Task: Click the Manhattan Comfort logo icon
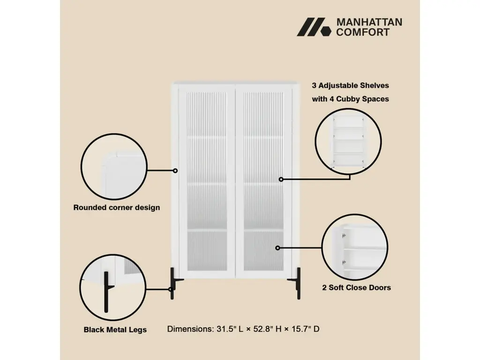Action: [x=314, y=27]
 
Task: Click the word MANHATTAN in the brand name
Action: [x=369, y=22]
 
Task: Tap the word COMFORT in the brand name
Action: [x=363, y=32]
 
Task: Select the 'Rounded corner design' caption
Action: [x=117, y=208]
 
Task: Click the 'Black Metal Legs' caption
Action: [x=115, y=330]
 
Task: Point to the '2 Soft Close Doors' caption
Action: [x=357, y=287]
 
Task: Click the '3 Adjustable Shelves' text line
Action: [x=351, y=85]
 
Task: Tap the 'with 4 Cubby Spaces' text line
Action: [x=351, y=99]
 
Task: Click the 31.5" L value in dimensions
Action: [x=230, y=329]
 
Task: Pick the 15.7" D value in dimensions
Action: [x=305, y=329]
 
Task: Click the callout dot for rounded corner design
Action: [x=175, y=171]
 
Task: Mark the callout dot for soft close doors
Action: [x=277, y=248]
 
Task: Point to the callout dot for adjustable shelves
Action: [x=281, y=180]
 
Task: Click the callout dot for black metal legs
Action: [x=171, y=289]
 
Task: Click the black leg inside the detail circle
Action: [x=106, y=292]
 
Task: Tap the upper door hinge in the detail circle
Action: [x=344, y=236]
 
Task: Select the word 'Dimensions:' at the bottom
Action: [x=190, y=329]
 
